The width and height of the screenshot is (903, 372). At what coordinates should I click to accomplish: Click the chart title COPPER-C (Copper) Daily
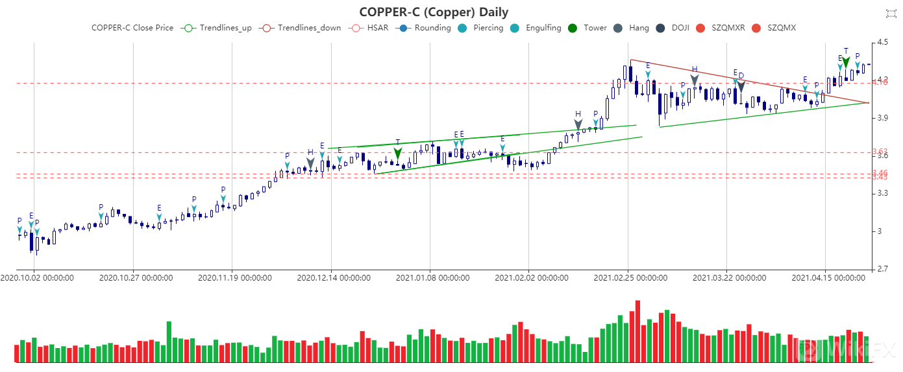434,12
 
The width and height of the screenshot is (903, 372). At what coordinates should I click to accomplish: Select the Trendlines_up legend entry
218,28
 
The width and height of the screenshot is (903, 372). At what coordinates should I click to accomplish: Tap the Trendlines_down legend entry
298,28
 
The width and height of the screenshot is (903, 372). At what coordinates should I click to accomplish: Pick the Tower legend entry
588,28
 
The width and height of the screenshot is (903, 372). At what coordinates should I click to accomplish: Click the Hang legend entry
632,28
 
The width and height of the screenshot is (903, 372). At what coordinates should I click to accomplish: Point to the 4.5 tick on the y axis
883,43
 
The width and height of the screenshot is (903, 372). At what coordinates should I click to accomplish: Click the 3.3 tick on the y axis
883,193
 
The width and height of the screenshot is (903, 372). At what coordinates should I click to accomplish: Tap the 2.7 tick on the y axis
883,269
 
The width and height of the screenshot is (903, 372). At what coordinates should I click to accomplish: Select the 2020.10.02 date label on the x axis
36,278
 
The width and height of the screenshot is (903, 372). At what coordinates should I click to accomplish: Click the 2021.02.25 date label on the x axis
630,278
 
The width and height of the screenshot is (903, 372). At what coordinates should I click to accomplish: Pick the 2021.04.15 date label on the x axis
828,278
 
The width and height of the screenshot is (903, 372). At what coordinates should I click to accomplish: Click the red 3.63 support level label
880,152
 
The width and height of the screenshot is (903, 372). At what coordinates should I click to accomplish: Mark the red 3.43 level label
880,177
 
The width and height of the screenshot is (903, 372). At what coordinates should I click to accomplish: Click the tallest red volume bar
637,331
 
